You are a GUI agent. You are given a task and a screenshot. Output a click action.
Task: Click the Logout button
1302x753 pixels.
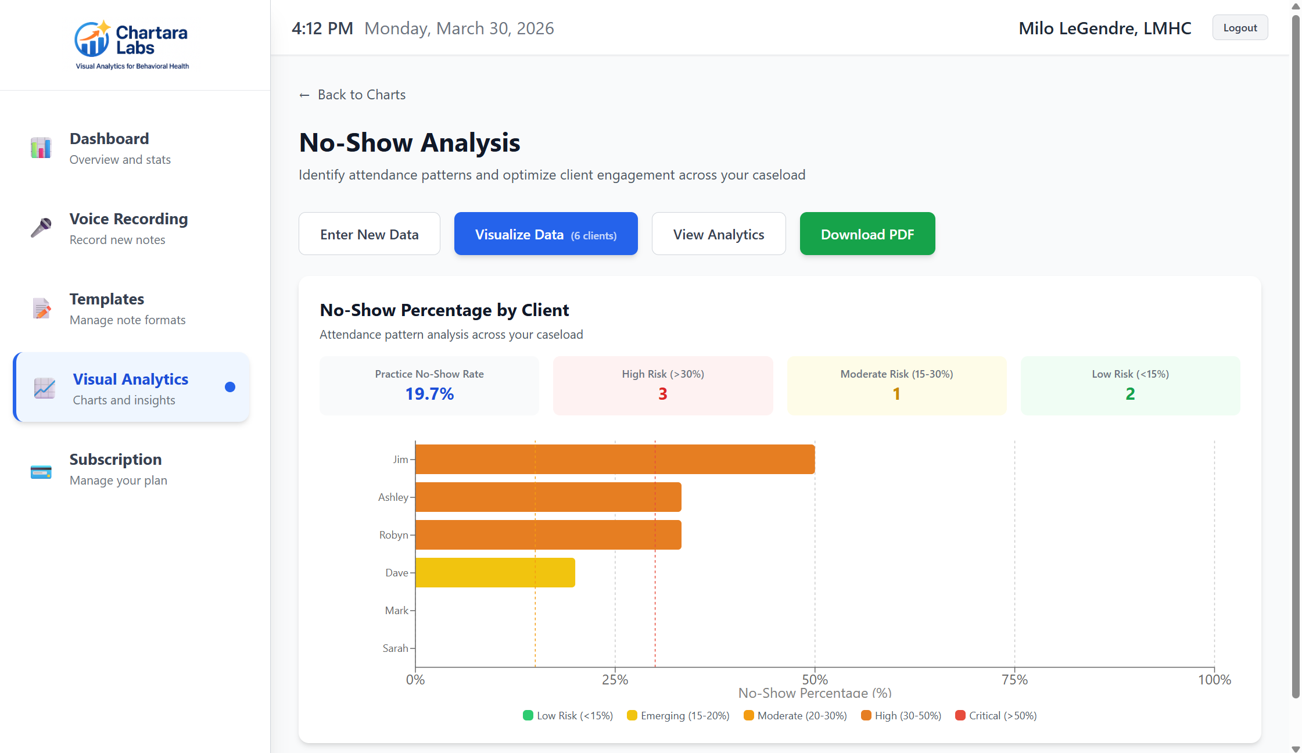(1239, 28)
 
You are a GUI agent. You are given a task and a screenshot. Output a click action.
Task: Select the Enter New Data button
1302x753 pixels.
(369, 234)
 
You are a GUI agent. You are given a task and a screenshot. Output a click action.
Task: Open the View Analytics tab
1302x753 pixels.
(718, 234)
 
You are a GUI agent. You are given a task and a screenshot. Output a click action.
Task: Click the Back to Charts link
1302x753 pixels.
(352, 95)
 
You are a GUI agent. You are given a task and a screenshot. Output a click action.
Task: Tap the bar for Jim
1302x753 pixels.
(615, 460)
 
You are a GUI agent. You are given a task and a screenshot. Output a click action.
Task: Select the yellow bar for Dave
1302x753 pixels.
(495, 573)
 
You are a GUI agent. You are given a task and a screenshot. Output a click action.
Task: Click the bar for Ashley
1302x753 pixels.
(548, 497)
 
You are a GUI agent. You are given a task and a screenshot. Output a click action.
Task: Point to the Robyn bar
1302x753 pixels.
(548, 535)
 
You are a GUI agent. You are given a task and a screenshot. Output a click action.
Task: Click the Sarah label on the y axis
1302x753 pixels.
(395, 648)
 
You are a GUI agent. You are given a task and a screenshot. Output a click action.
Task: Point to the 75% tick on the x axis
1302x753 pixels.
(1014, 679)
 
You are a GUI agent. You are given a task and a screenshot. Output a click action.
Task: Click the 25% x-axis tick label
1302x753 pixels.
(615, 679)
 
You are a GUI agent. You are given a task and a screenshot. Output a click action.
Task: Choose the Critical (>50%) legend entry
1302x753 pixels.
(996, 716)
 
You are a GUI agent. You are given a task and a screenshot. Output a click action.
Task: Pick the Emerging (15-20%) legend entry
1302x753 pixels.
(678, 716)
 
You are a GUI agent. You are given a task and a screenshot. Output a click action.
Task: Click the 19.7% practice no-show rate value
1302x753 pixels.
(429, 394)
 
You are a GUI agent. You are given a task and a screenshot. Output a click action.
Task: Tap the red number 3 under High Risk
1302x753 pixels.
(662, 394)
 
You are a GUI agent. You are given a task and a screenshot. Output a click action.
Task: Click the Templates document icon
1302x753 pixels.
(41, 309)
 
